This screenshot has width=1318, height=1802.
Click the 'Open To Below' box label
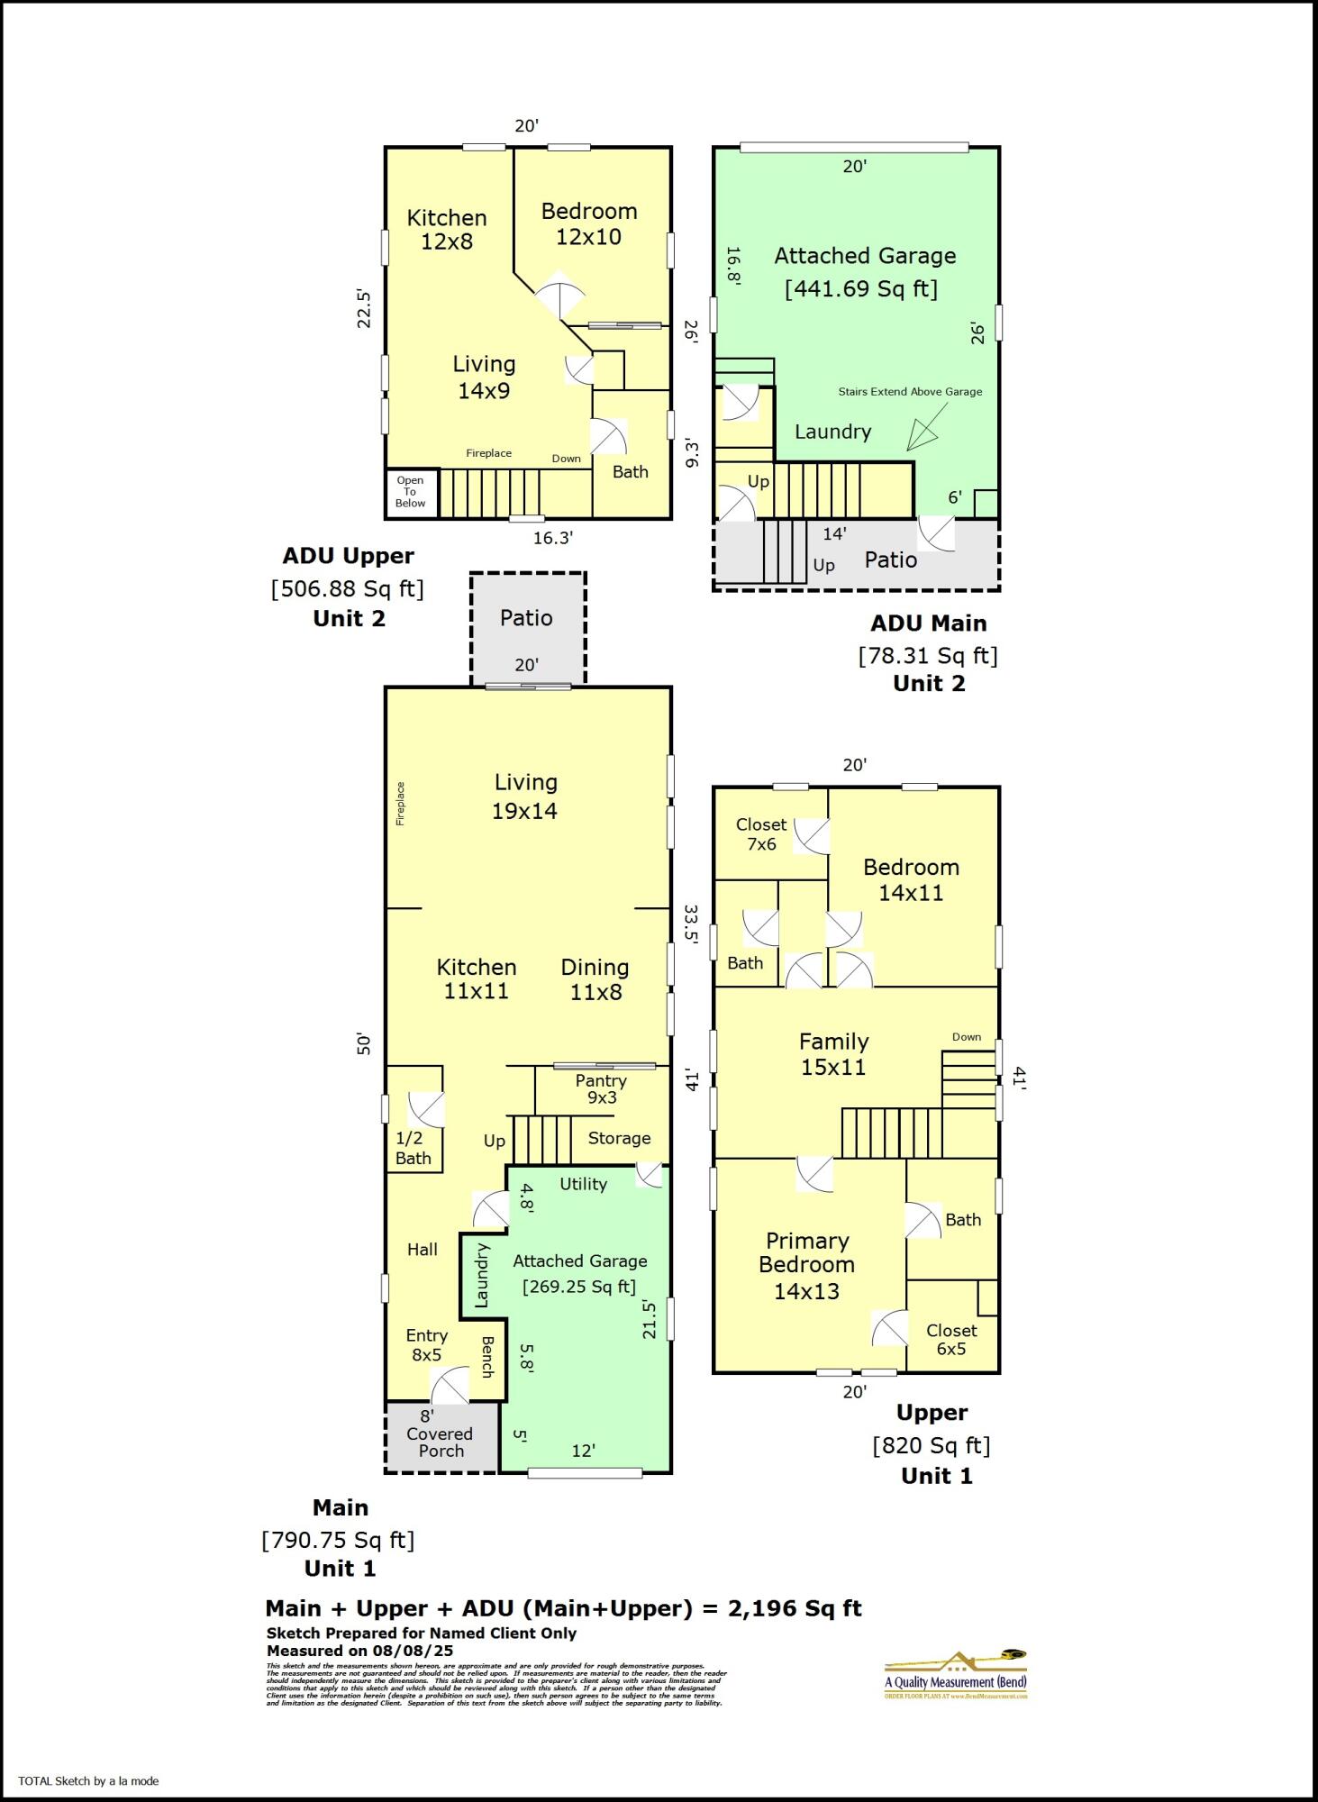pyautogui.click(x=410, y=492)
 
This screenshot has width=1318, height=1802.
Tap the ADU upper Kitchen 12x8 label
pyautogui.click(x=447, y=230)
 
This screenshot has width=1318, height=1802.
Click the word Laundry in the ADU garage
pyautogui.click(x=832, y=432)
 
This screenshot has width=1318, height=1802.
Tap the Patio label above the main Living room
pyautogui.click(x=526, y=618)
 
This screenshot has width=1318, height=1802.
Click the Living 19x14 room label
pyautogui.click(x=525, y=796)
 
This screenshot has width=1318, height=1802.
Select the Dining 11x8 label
pyautogui.click(x=595, y=979)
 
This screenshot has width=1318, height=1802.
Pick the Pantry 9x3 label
pyautogui.click(x=601, y=1088)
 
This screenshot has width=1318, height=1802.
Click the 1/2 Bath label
pyautogui.click(x=413, y=1149)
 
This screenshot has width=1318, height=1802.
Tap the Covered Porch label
pyautogui.click(x=440, y=1442)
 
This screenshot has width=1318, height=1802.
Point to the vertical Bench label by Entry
pyautogui.click(x=487, y=1357)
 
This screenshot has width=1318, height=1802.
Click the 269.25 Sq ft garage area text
pyautogui.click(x=579, y=1287)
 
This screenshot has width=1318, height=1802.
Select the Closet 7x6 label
pyautogui.click(x=761, y=834)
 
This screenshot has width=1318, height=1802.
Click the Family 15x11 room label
pyautogui.click(x=833, y=1054)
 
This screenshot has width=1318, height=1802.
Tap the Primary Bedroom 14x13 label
pyautogui.click(x=807, y=1265)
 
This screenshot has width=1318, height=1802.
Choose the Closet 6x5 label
pyautogui.click(x=951, y=1339)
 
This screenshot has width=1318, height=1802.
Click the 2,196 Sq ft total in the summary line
pyautogui.click(x=795, y=1608)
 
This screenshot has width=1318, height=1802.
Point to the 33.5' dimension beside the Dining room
pyautogui.click(x=691, y=924)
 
